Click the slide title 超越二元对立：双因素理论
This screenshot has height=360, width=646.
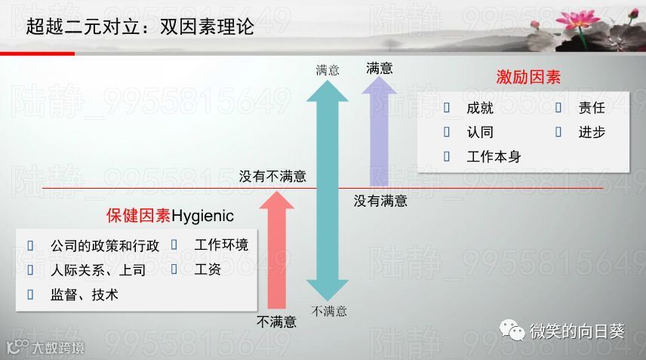[140, 27]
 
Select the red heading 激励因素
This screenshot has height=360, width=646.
[528, 77]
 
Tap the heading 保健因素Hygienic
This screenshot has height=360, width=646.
[170, 216]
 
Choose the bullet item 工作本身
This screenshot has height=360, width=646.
[493, 157]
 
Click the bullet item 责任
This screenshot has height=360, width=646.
[592, 108]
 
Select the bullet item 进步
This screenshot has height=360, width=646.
[592, 132]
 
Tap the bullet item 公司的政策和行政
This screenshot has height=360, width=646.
[105, 246]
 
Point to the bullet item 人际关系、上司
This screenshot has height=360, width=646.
[97, 270]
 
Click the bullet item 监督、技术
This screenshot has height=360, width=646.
[84, 295]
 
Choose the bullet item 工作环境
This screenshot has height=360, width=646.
[221, 245]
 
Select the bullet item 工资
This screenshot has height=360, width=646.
[208, 269]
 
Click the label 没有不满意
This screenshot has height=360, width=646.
[272, 177]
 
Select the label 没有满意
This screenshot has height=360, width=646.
[380, 201]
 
